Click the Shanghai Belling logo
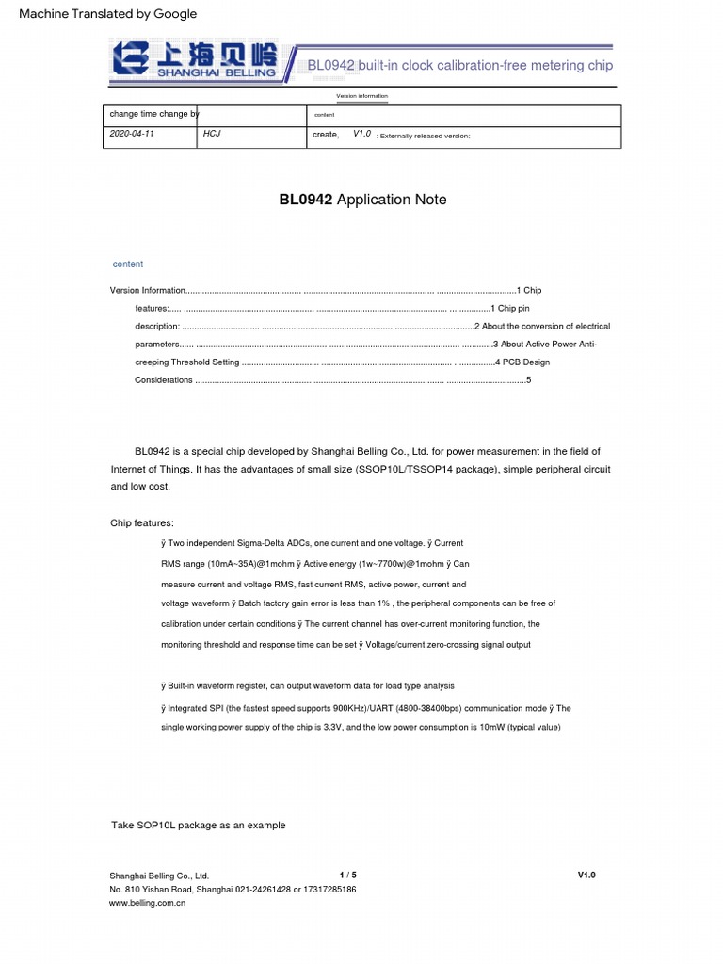point(195,59)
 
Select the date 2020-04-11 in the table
point(132,135)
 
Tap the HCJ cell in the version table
point(212,135)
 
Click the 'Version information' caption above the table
point(361,97)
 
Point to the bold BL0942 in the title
point(306,200)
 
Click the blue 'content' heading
point(128,265)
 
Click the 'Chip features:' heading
point(142,523)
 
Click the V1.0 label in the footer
point(586,875)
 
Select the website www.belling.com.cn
point(148,903)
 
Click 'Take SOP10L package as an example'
point(198,826)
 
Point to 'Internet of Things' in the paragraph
point(151,469)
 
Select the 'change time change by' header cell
point(154,114)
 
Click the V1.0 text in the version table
point(361,135)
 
